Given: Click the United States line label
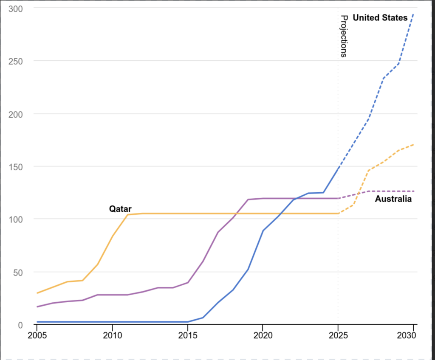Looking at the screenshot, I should click(380, 18).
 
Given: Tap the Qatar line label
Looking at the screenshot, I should click(120, 209).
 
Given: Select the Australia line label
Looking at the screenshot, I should click(393, 199).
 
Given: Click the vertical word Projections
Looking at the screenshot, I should click(344, 36).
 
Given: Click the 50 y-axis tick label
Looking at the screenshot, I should click(17, 272).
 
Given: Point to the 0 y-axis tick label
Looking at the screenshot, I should click(20, 325).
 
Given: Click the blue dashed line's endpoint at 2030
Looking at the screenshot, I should click(413, 14).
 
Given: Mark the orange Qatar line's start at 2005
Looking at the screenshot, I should click(37, 293).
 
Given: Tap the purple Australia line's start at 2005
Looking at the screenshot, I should click(37, 307).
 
